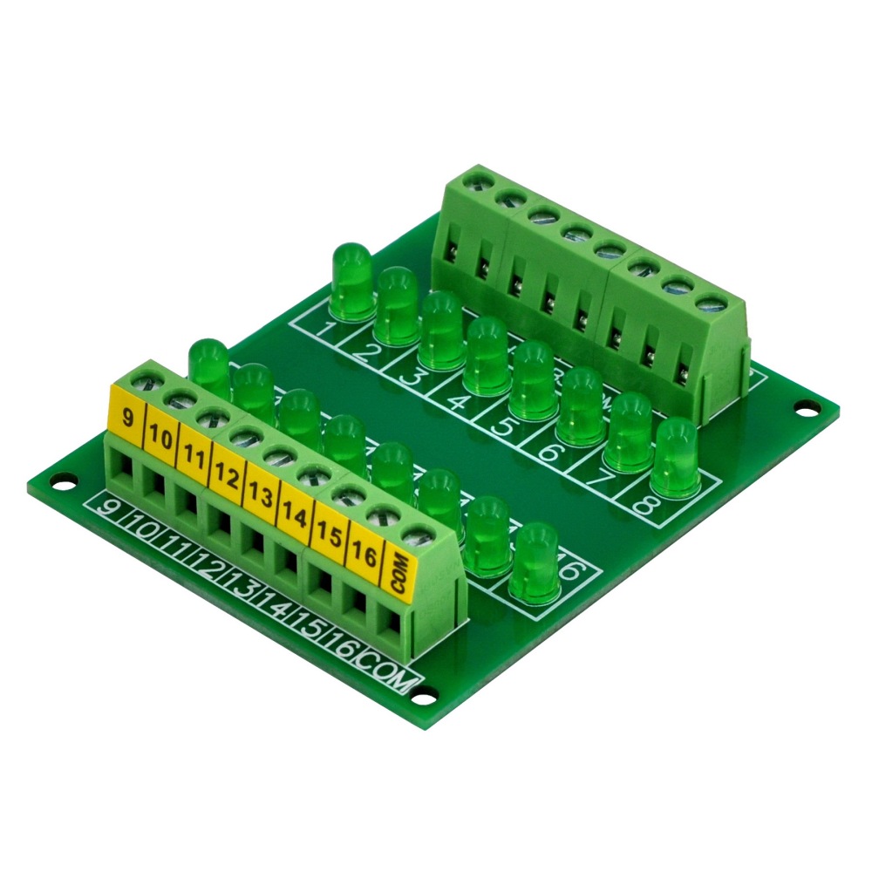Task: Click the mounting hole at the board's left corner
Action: pyautogui.click(x=62, y=479)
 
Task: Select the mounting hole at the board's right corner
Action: pyautogui.click(x=808, y=406)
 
